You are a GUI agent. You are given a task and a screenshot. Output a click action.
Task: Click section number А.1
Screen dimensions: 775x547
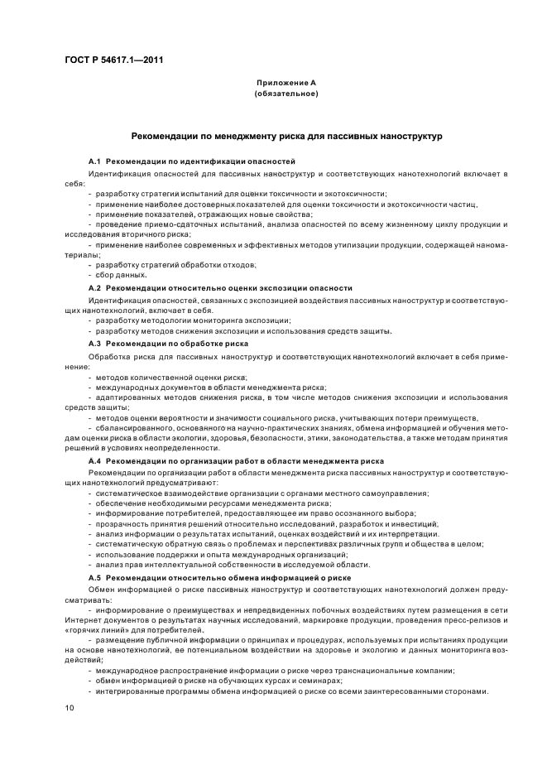[94, 160]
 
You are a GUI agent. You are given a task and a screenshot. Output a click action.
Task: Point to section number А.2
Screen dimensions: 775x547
[94, 287]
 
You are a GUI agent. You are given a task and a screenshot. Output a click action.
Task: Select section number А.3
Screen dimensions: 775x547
[94, 343]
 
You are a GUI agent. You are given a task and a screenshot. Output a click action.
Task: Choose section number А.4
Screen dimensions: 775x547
[94, 460]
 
